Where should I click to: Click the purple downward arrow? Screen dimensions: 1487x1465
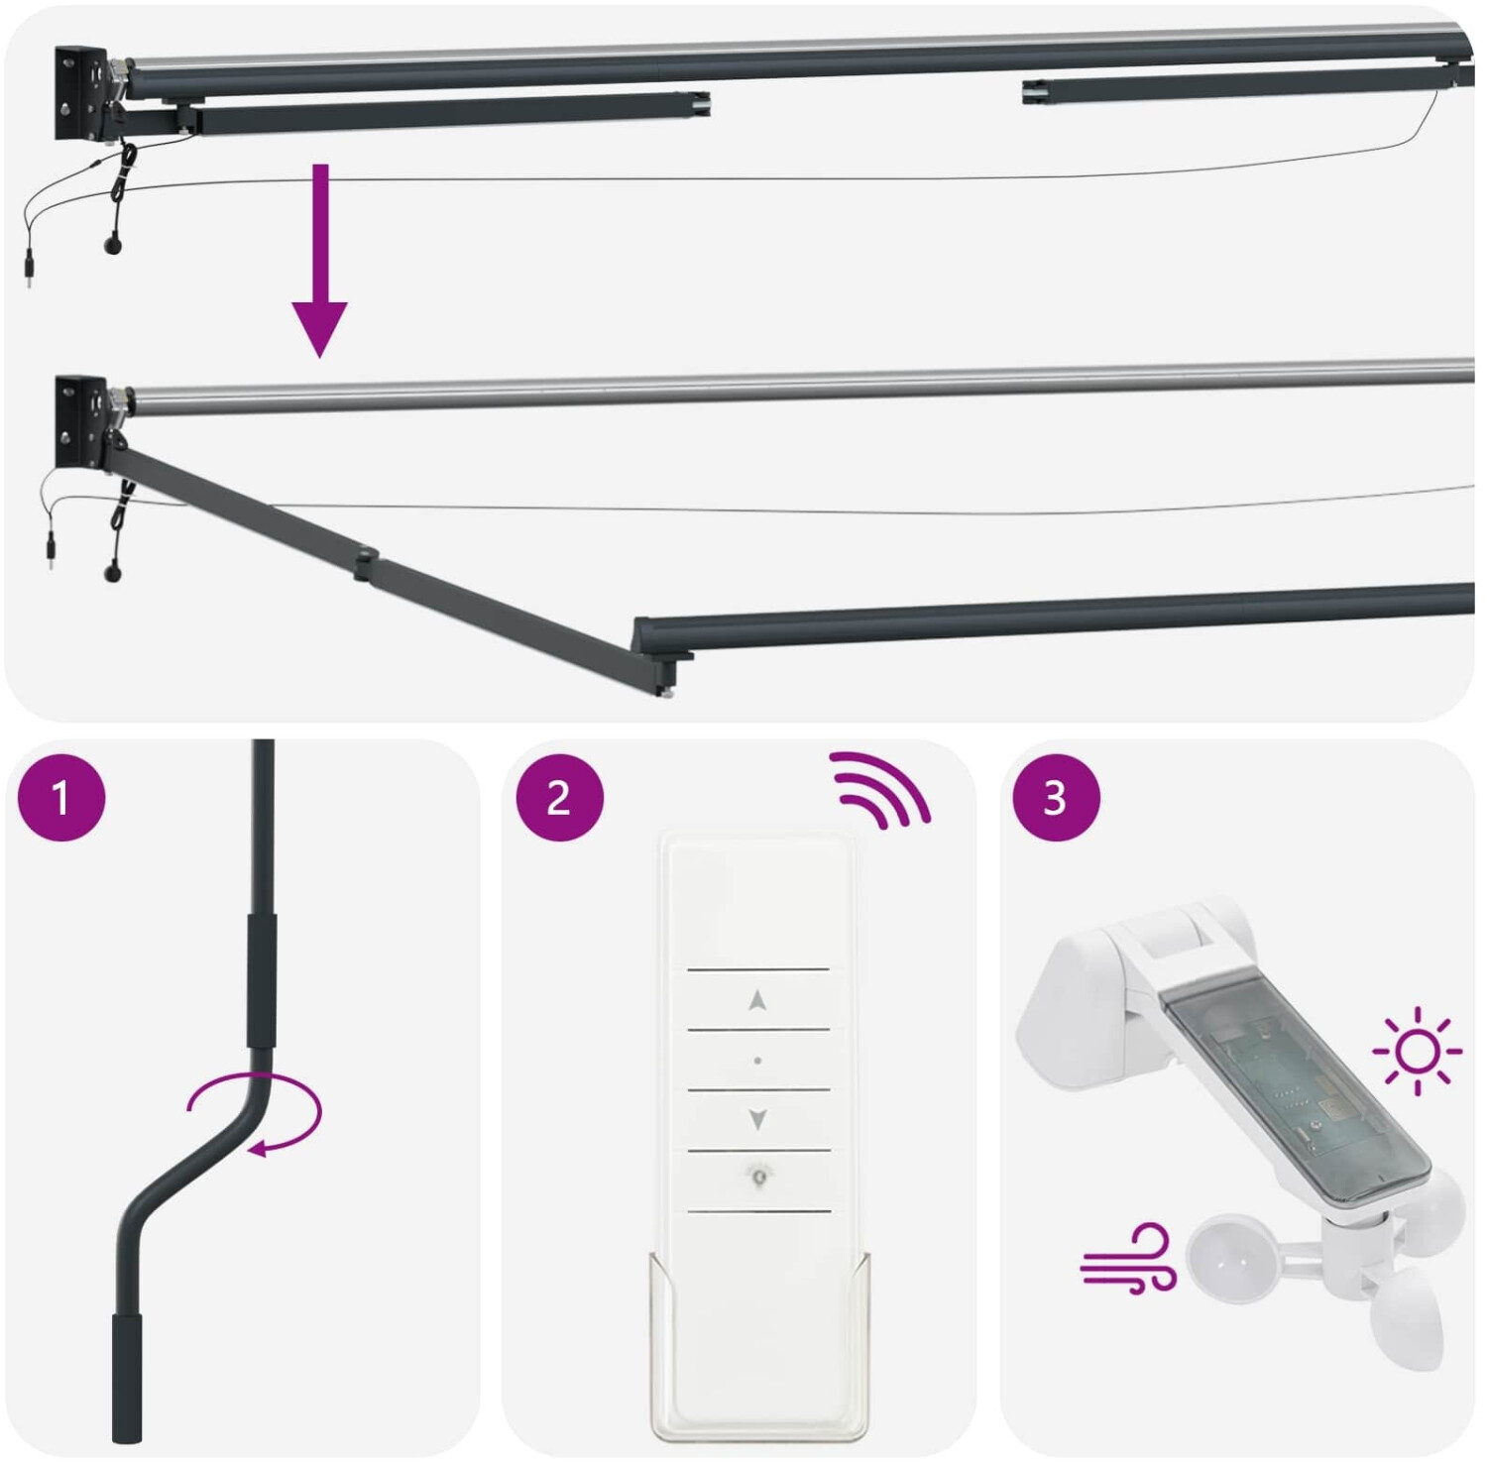click(319, 260)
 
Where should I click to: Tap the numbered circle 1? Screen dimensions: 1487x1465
click(61, 798)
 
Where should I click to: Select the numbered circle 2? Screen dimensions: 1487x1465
click(560, 798)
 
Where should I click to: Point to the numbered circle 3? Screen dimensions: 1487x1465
click(1056, 798)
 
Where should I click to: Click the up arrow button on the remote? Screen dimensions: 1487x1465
click(758, 1000)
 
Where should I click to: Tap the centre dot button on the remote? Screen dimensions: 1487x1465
click(758, 1061)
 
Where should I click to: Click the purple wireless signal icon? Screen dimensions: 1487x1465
click(881, 788)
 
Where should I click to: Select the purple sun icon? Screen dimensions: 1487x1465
click(1418, 1051)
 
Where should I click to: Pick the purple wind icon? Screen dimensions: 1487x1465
click(1128, 1259)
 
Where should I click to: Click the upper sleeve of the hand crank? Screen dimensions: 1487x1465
click(262, 979)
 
